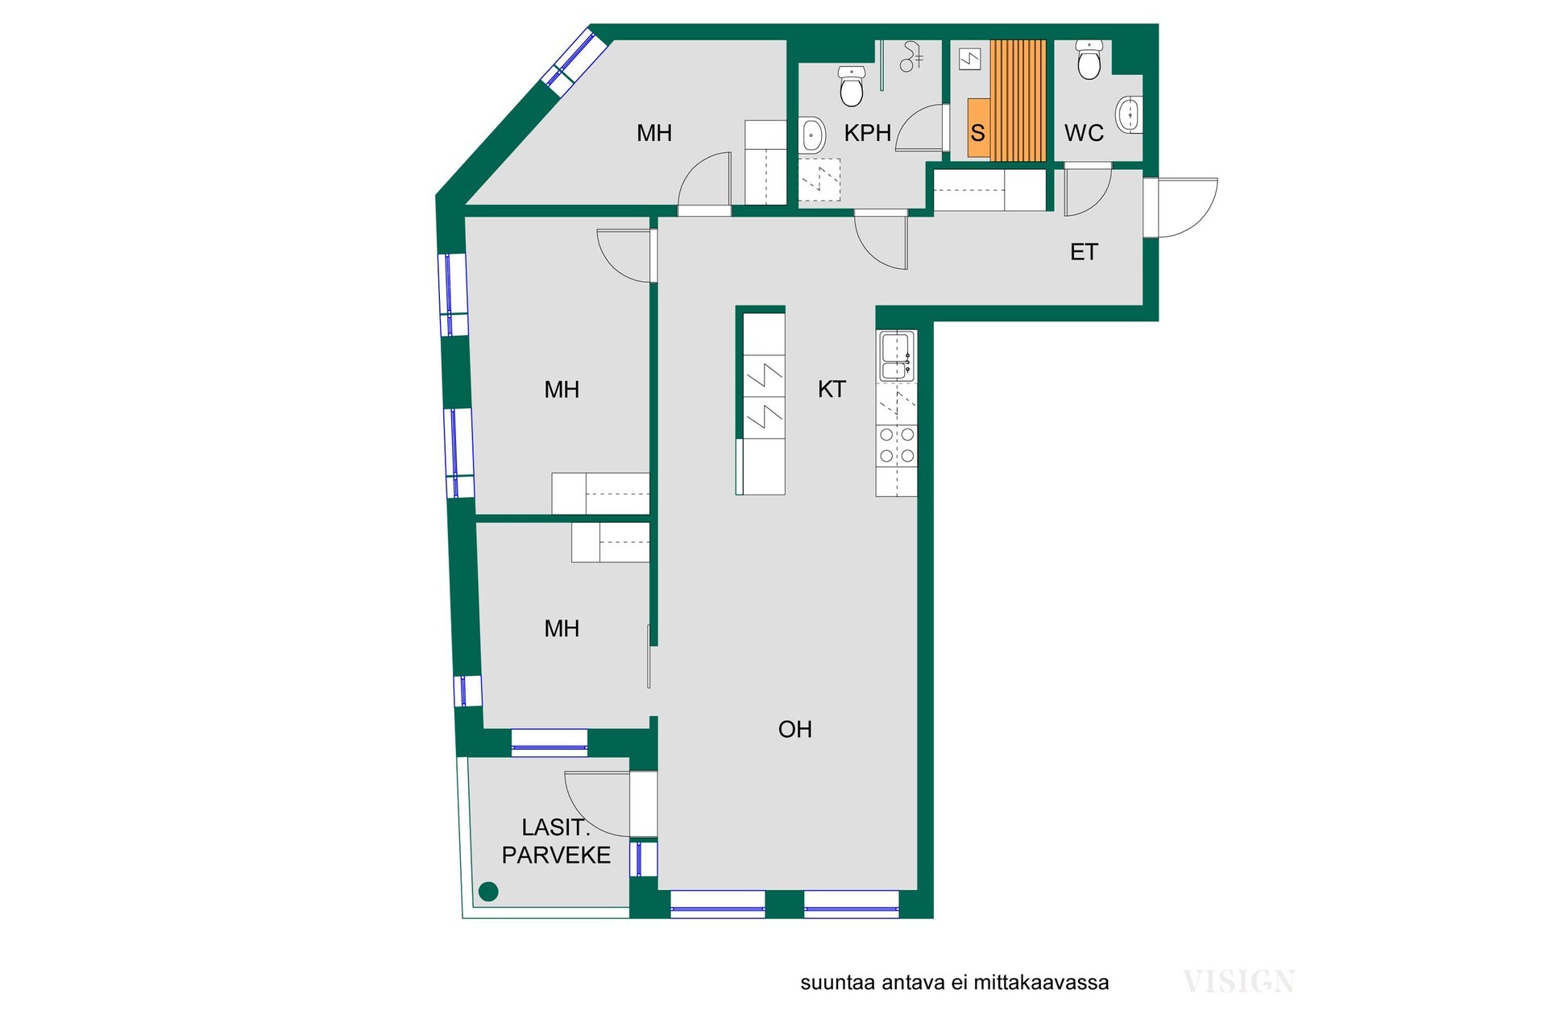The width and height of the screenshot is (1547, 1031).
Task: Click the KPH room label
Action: pos(868,133)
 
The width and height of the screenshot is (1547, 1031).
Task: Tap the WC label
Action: pos(1084,133)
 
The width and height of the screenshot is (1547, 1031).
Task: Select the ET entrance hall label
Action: pos(1084,252)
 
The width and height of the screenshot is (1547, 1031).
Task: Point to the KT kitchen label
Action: pos(832,389)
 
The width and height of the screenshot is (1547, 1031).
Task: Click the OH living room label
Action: pos(794,729)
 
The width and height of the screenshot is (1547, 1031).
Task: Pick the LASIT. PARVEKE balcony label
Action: pos(556,841)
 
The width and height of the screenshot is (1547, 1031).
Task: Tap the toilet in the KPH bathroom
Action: pos(852,86)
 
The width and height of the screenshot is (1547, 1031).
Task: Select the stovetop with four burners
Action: pos(897,445)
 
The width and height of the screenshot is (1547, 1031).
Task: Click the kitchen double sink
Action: pos(897,355)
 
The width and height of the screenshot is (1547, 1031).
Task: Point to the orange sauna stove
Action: pos(979,127)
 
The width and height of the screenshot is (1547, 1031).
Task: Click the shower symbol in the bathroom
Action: pos(911,56)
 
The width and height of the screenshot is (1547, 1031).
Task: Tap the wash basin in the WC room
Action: pos(1130,115)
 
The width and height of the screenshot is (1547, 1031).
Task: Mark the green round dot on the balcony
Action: pos(488,891)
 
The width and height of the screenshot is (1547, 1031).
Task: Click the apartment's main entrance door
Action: pos(1180,208)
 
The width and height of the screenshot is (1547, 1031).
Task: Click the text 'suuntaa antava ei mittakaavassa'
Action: pos(954,983)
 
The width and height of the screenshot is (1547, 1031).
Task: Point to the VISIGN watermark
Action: pos(1238,982)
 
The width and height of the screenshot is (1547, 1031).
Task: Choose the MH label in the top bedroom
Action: pos(653,133)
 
